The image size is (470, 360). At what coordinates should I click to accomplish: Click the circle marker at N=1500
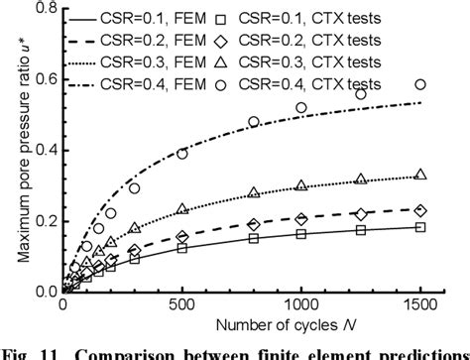420,85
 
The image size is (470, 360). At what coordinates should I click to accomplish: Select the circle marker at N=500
181,154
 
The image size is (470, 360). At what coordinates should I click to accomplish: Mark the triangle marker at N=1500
420,175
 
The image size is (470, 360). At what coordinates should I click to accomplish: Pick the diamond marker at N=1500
420,210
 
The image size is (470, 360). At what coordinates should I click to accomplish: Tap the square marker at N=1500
420,227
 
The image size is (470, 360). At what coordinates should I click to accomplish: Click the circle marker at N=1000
301,107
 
